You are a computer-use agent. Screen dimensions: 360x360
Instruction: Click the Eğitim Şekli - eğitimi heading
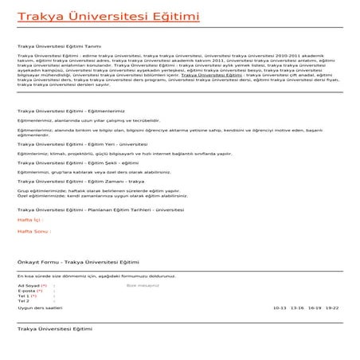79,162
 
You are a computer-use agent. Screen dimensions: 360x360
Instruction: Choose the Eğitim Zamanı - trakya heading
80,181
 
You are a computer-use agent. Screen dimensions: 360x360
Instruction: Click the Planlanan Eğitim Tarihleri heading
101,209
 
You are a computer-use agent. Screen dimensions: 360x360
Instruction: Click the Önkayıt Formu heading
77,261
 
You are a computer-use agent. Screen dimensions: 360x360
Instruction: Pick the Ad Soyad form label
30,284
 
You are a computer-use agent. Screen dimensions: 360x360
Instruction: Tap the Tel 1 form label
25,295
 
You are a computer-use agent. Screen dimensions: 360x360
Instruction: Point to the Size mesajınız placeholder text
143,284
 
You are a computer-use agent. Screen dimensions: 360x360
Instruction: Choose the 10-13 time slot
280,307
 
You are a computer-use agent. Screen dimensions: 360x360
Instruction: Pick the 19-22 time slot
332,307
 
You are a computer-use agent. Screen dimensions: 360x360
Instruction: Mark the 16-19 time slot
315,307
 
